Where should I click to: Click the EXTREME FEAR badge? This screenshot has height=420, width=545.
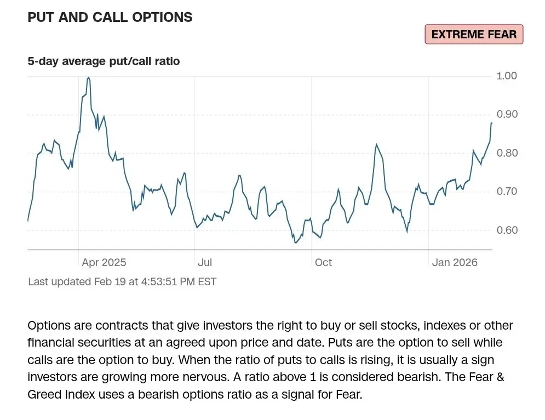point(474,34)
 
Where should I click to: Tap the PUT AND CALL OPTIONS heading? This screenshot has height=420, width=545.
point(110,17)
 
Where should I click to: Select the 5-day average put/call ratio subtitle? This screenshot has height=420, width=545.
point(104,61)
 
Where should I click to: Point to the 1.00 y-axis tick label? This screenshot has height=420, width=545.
point(507,76)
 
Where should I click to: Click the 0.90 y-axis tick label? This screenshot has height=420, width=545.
point(507,114)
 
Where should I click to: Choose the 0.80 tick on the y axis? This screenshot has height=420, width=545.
point(507,153)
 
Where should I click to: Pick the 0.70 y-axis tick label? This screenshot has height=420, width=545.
point(507,192)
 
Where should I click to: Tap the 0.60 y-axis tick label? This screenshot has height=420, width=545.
point(507,230)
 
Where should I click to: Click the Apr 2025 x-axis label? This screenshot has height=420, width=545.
point(104,263)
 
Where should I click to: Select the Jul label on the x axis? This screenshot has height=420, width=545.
point(205,263)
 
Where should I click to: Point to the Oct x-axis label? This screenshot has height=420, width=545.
point(323,263)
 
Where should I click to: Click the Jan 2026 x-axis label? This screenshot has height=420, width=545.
point(454,263)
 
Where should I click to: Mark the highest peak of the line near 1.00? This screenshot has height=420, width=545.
point(89,77)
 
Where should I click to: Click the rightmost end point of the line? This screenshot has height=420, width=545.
point(491,123)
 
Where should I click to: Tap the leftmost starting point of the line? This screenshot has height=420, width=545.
point(28,221)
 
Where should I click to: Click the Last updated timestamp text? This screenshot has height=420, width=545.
point(122,282)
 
